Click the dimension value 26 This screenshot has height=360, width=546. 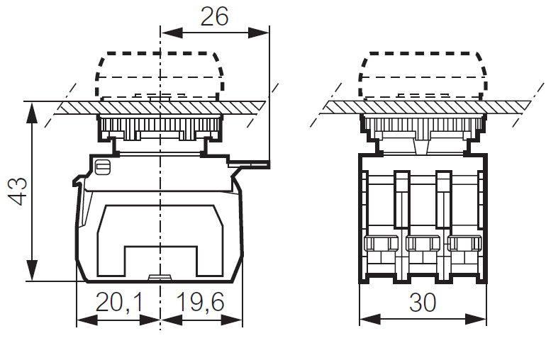coord(214,16)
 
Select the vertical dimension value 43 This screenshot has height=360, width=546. coord(17,191)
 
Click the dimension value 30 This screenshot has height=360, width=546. coord(423,303)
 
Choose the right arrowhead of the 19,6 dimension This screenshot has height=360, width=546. coord(235,320)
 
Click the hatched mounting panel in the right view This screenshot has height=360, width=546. coord(425,106)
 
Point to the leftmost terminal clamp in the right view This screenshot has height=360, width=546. coord(381,245)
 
